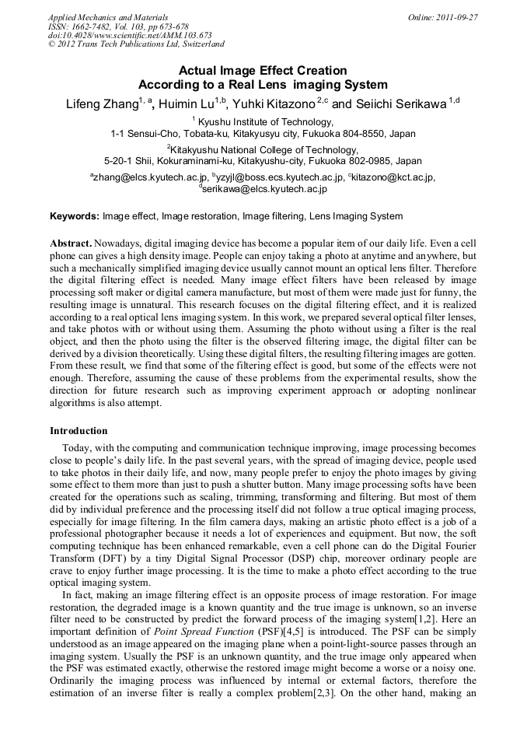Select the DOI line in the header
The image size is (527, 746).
pos(130,35)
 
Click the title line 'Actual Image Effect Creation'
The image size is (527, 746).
pos(263,71)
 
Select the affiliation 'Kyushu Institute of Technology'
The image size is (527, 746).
pos(266,122)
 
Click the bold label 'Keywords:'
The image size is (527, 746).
pos(75,216)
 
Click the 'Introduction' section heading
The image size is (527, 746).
pos(79,430)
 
